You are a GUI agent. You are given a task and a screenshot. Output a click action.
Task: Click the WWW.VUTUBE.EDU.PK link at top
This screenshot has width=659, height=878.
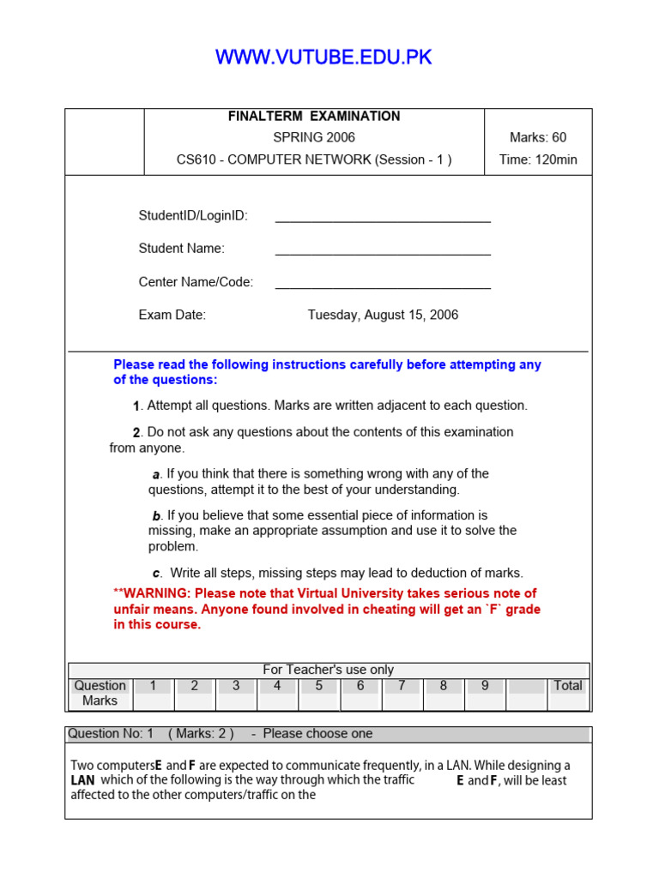tap(323, 57)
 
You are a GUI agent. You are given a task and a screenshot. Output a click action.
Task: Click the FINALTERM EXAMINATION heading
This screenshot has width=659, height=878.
tap(314, 116)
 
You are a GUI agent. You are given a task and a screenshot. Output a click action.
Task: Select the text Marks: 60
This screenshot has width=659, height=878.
tap(538, 137)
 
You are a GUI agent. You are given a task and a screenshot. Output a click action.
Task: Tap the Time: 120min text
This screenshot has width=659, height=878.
tap(538, 159)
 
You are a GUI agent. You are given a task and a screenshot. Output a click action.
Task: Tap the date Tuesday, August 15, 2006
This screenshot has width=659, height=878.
tap(383, 315)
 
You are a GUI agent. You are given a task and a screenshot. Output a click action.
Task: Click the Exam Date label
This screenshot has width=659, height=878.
tap(172, 315)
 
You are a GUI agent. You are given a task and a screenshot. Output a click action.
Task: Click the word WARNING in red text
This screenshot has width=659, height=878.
tap(159, 593)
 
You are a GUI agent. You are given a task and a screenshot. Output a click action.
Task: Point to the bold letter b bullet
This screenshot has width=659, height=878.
tap(156, 516)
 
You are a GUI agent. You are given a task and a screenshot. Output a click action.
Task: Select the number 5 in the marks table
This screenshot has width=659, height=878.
tap(319, 686)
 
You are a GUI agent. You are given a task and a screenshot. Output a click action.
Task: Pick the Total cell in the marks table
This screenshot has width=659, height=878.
tap(568, 686)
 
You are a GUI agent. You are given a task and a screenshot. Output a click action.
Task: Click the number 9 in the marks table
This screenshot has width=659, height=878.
tap(485, 686)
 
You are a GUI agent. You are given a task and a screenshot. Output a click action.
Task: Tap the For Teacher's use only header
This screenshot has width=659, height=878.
tap(329, 670)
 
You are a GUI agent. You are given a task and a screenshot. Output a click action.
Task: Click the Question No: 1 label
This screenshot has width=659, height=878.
tap(111, 734)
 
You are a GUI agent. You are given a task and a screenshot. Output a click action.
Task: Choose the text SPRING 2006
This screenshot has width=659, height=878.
tap(314, 137)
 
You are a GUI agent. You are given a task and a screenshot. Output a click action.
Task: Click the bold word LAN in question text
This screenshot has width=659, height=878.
tap(82, 781)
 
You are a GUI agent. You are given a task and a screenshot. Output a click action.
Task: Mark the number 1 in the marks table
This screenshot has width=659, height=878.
tap(153, 686)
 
